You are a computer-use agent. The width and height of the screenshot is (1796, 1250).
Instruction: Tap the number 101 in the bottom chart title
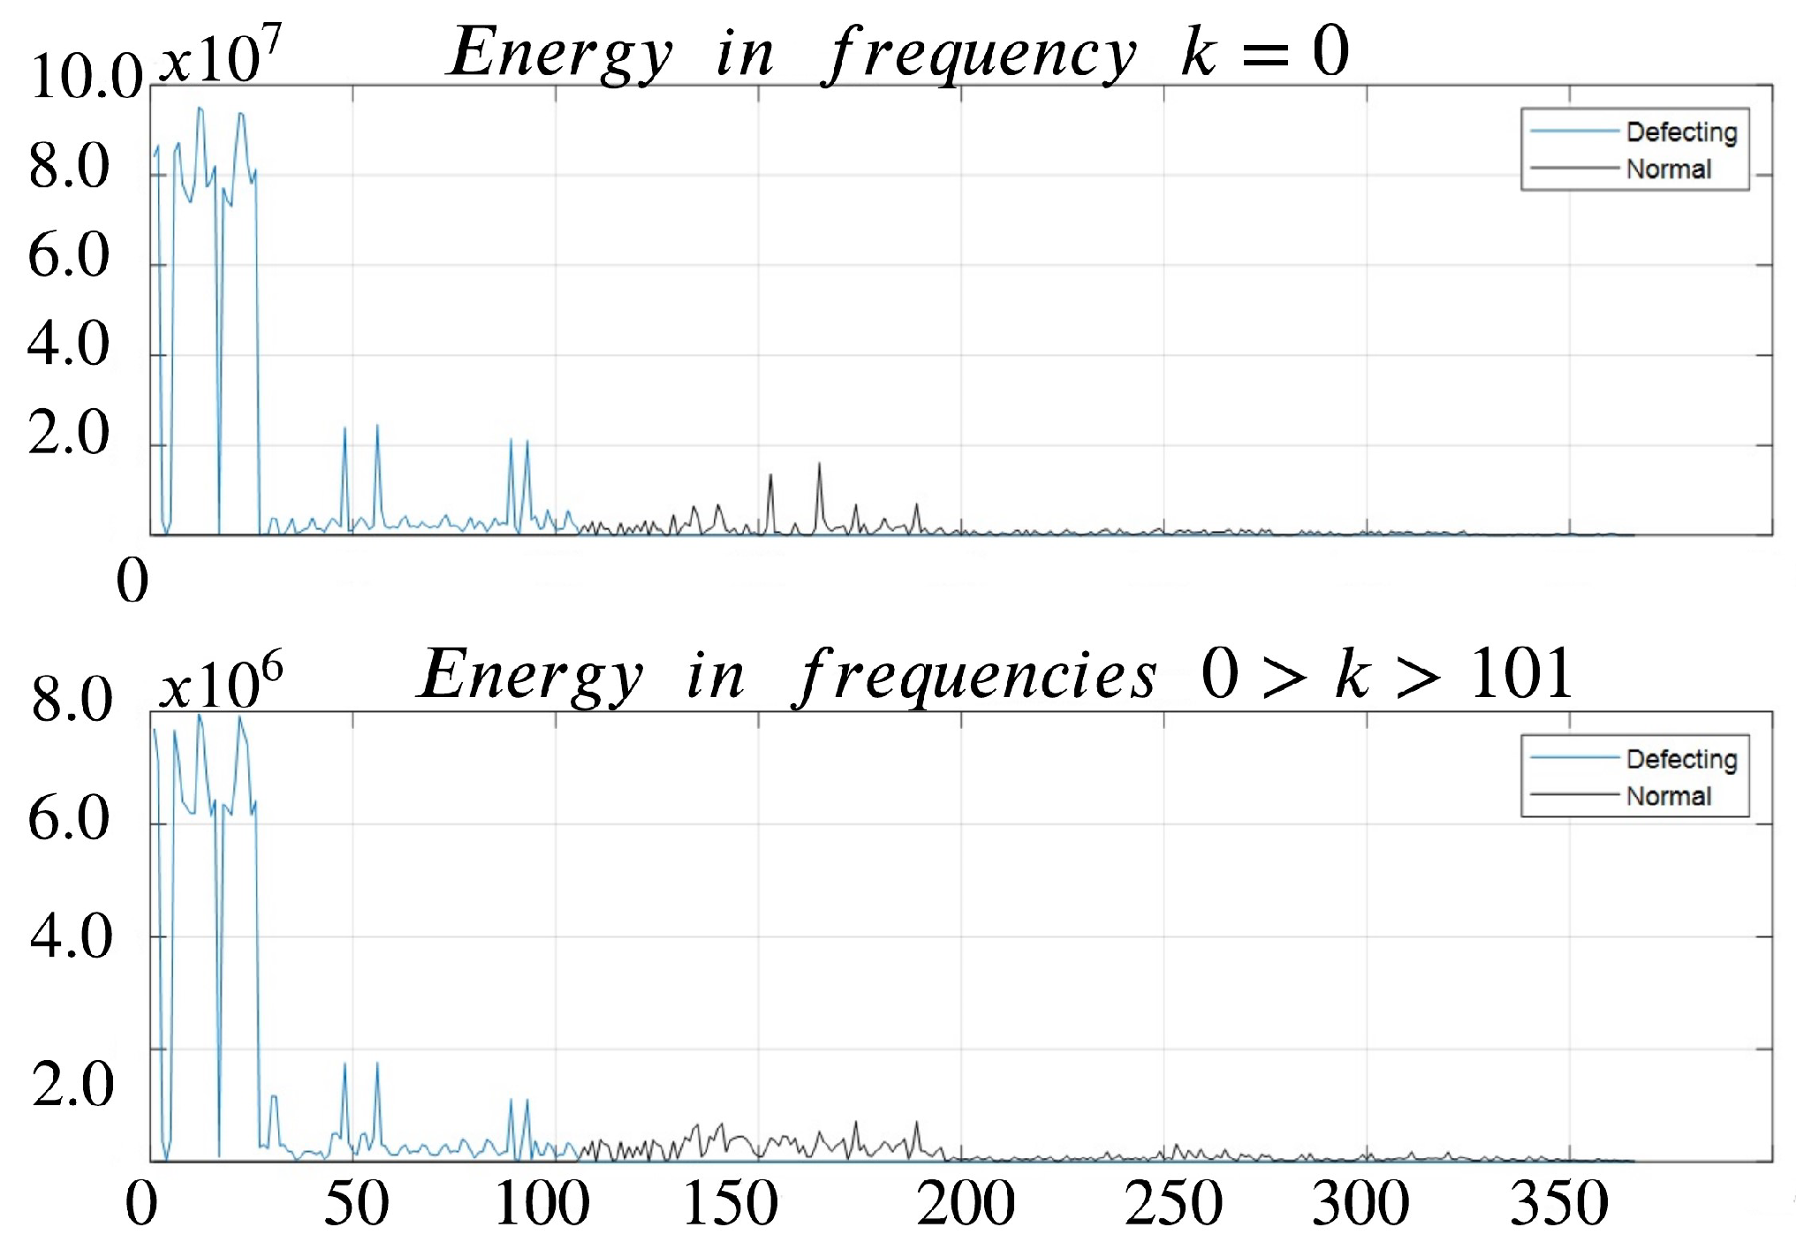[x=1520, y=674]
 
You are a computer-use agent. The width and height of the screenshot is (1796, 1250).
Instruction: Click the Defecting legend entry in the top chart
[x=1680, y=133]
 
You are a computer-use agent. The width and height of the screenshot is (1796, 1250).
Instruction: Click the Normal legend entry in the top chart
[x=1668, y=169]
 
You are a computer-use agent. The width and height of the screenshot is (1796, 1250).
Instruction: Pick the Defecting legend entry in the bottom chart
[x=1680, y=760]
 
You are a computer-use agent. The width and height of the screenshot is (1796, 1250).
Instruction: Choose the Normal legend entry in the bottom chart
[x=1668, y=796]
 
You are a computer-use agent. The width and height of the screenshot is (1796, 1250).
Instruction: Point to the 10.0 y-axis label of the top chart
[x=86, y=77]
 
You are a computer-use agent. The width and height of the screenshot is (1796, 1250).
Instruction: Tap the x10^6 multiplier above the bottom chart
[x=221, y=683]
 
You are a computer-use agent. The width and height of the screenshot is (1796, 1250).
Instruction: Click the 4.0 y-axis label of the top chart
[x=68, y=344]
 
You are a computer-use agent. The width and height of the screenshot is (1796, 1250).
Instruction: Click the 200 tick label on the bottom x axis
[x=965, y=1203]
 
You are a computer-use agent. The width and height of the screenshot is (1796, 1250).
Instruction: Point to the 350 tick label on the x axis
[x=1558, y=1203]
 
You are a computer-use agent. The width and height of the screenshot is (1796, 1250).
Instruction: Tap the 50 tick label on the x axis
[x=356, y=1203]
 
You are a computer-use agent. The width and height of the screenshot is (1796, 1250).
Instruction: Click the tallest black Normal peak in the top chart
[x=819, y=465]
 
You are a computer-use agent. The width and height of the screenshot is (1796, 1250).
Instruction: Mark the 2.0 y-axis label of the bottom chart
[x=72, y=1084]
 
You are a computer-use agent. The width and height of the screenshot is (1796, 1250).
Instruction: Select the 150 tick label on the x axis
[x=731, y=1203]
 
